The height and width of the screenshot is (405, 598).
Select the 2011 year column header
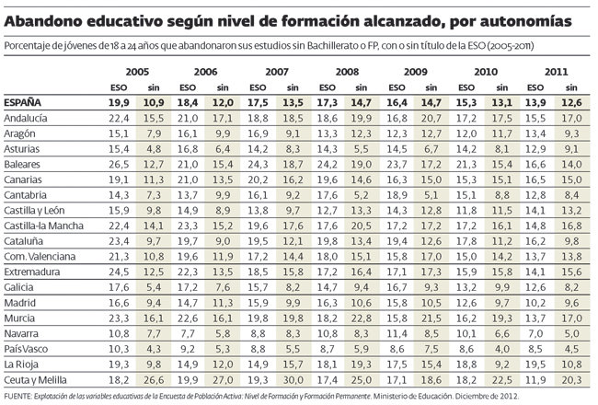click(556, 71)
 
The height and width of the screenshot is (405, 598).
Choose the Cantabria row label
click(28, 195)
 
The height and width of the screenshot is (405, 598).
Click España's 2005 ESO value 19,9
click(118, 102)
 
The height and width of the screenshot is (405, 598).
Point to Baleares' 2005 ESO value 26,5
click(118, 164)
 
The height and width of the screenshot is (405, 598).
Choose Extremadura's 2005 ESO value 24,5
click(118, 272)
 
